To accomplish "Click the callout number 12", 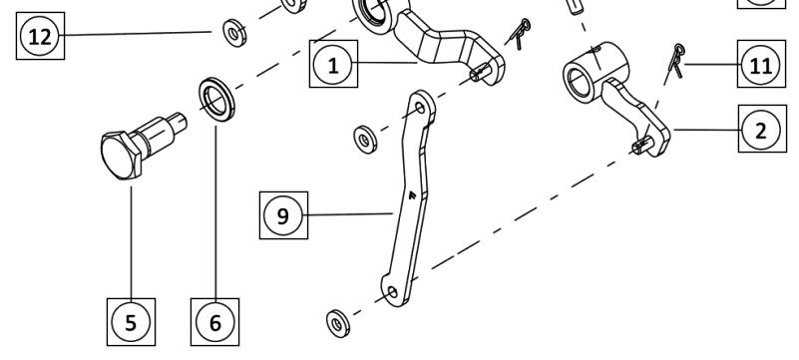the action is [x=40, y=36].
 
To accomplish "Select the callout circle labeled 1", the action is [x=333, y=65].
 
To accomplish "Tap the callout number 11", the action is [x=761, y=64].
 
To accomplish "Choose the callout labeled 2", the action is [x=761, y=130].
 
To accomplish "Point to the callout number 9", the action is [x=283, y=215].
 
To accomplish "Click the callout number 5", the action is [x=131, y=322].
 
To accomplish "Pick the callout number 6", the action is [x=215, y=322].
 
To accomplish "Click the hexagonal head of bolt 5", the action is [x=121, y=155].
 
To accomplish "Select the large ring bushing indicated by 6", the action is [x=217, y=100].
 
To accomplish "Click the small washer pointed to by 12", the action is [x=234, y=33].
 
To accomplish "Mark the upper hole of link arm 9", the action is [x=420, y=108].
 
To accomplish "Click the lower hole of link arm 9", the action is [x=392, y=292].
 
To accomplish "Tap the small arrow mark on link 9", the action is [x=412, y=194].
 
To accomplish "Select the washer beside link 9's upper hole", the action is [x=365, y=138].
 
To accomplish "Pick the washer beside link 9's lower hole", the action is [x=337, y=323].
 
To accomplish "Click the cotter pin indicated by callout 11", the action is [x=676, y=61].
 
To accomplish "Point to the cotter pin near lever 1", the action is [x=520, y=33].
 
